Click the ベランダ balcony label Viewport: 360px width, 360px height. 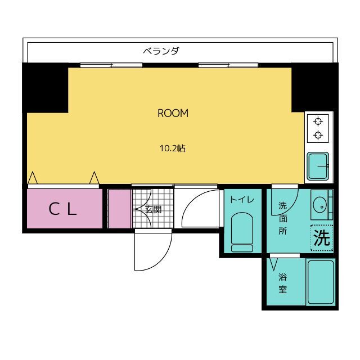click(x=161, y=51)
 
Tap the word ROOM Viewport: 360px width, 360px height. click(x=173, y=113)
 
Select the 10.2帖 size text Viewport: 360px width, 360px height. click(x=173, y=148)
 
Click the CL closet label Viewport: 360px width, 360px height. click(x=62, y=209)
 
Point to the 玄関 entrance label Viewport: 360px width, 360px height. click(x=153, y=209)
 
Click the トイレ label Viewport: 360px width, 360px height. click(x=242, y=200)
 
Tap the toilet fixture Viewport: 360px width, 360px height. click(x=242, y=232)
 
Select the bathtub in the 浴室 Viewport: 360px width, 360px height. click(x=321, y=282)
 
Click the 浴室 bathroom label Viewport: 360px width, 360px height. click(x=282, y=283)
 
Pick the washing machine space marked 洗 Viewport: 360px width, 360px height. click(x=322, y=238)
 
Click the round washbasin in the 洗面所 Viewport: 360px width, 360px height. click(x=319, y=206)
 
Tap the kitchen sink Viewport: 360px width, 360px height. click(x=318, y=166)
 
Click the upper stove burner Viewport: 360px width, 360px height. click(x=318, y=121)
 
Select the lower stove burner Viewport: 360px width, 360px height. click(x=318, y=135)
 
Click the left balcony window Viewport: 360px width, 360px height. click(x=111, y=65)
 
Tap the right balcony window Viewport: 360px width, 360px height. click(x=228, y=65)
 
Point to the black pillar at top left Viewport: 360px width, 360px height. click(x=45, y=88)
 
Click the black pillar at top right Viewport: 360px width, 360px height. click(x=315, y=87)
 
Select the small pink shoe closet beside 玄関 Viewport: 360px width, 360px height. click(x=119, y=209)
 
